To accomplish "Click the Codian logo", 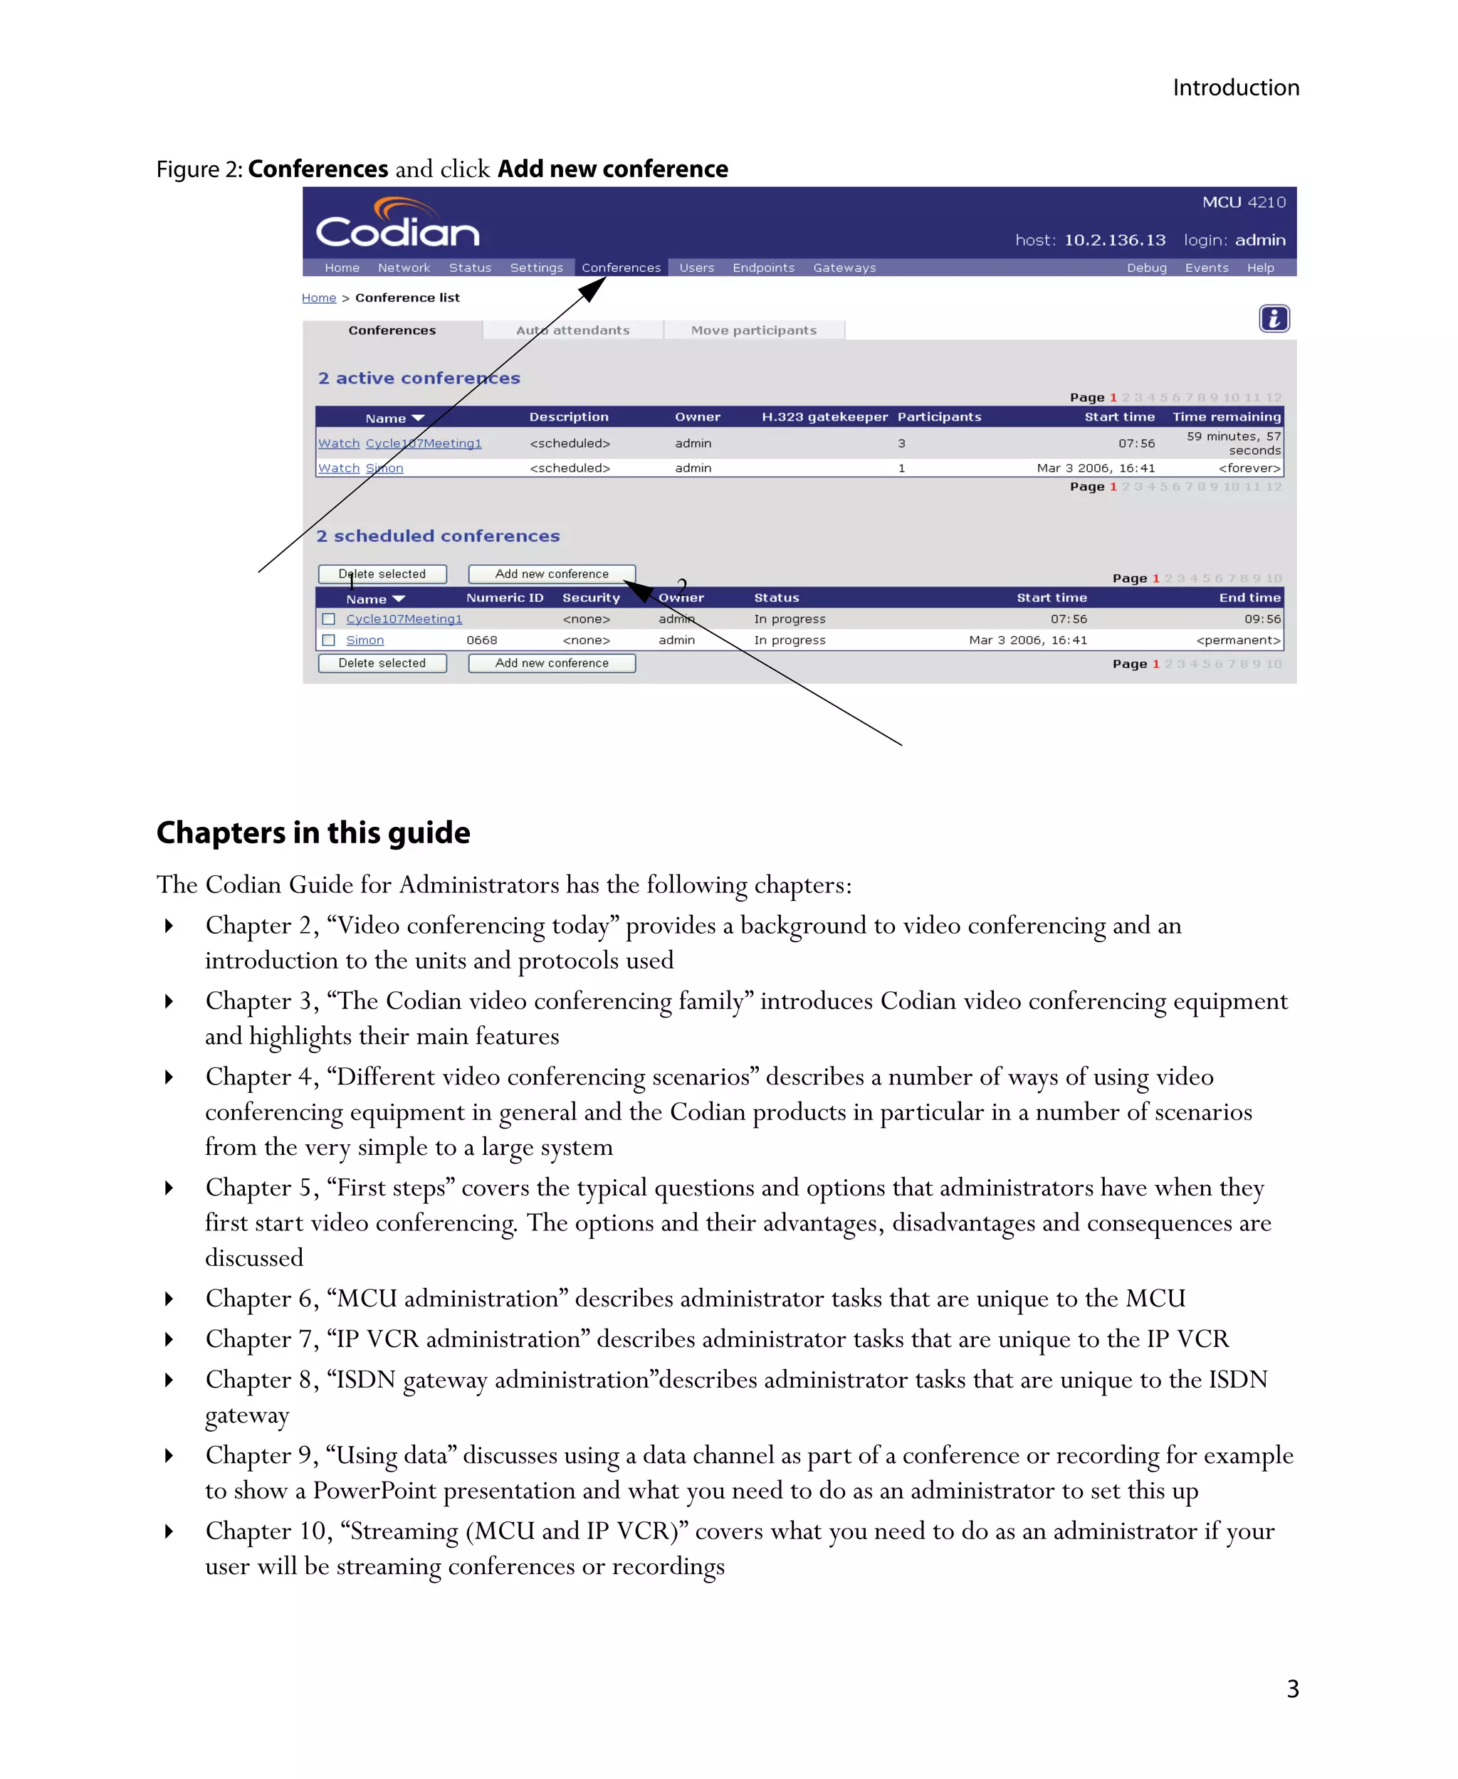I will point(397,224).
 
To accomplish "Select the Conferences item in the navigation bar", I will point(621,268).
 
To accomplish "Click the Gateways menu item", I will point(844,268).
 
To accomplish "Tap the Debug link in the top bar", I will point(1146,268).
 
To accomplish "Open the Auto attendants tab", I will point(573,331).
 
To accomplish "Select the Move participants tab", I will point(753,331).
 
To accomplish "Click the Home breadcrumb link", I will point(318,298).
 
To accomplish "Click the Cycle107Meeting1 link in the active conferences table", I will point(424,443).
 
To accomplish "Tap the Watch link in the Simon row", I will point(338,468).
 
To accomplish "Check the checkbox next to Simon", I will point(328,640).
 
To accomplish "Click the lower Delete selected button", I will point(382,663).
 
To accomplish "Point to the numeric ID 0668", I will point(481,640).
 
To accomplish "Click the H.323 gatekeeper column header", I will point(824,417).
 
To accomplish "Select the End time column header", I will point(1249,598).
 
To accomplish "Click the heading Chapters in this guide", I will point(313,833).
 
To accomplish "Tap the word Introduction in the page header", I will point(1235,88).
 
